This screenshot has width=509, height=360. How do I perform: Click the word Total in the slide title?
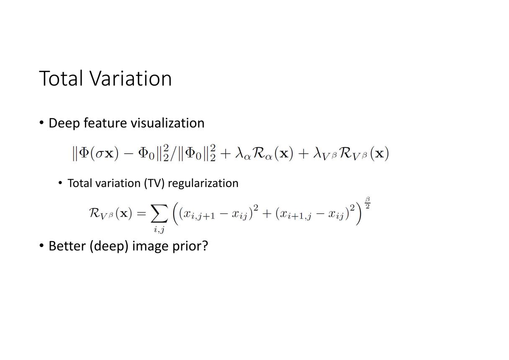[x=61, y=78]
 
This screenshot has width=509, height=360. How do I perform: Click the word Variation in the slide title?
[x=131, y=78]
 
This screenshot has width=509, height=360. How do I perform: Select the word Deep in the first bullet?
[x=64, y=123]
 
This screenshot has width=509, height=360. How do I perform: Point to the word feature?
[x=105, y=123]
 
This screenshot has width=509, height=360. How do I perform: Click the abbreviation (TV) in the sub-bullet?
[x=154, y=183]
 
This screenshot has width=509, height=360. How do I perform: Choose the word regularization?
[x=203, y=184]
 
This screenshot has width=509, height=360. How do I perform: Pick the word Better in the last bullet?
[x=67, y=246]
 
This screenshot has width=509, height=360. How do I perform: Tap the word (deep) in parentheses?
[x=109, y=247]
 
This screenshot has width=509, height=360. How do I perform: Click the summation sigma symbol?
[x=159, y=213]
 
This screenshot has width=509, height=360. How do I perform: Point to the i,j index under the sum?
[x=159, y=230]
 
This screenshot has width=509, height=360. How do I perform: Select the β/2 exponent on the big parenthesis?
[x=368, y=203]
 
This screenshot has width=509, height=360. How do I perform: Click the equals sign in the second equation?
[x=141, y=213]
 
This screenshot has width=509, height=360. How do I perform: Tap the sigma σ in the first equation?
[x=99, y=154]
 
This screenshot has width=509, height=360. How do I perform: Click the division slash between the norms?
[x=173, y=154]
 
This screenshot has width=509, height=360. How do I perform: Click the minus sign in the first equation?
[x=129, y=154]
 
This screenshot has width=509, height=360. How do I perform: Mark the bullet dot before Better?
[x=41, y=245]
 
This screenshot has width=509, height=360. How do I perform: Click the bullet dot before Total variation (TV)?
[x=60, y=183]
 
